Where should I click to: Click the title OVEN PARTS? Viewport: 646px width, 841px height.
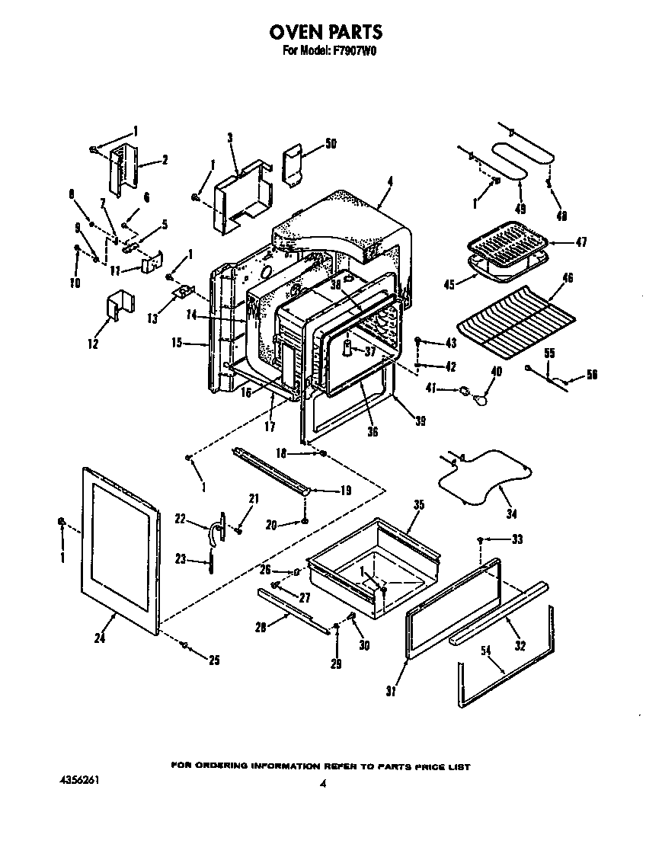(x=325, y=32)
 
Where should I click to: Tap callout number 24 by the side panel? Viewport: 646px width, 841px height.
(x=99, y=638)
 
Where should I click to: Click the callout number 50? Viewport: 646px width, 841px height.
(x=331, y=143)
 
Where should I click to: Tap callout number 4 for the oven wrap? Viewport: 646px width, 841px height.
(x=389, y=181)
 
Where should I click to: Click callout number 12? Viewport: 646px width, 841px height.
(x=93, y=344)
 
